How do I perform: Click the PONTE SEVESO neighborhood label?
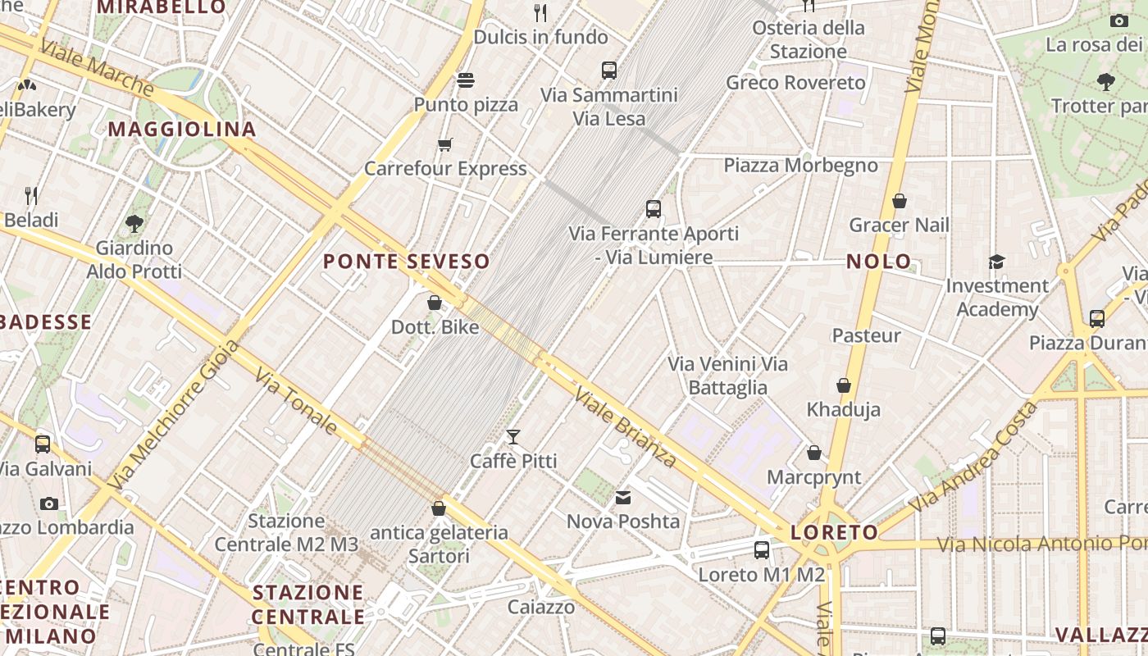coord(406,262)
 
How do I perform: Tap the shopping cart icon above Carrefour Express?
coord(445,145)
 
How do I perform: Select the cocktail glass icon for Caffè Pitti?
coord(513,436)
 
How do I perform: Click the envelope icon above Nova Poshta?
coord(623,497)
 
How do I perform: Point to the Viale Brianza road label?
coord(626,426)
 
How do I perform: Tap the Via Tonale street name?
coord(296,401)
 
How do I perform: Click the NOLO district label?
coord(878,262)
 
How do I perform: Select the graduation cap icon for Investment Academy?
coord(996,262)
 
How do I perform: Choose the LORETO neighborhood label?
coord(834,532)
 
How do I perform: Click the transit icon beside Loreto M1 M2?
coord(762,550)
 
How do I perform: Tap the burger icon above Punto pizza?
coord(466,80)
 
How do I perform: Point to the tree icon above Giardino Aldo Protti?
coord(134,223)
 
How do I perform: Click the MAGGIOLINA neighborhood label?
coord(182,129)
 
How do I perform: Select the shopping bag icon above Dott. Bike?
coord(435,303)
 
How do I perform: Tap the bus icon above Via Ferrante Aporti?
coord(654,209)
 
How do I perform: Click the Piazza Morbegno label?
coord(800,166)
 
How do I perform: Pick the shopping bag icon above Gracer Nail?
coord(900,201)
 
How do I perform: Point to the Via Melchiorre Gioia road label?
coord(173,414)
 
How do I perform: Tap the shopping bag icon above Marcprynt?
coord(814,453)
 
